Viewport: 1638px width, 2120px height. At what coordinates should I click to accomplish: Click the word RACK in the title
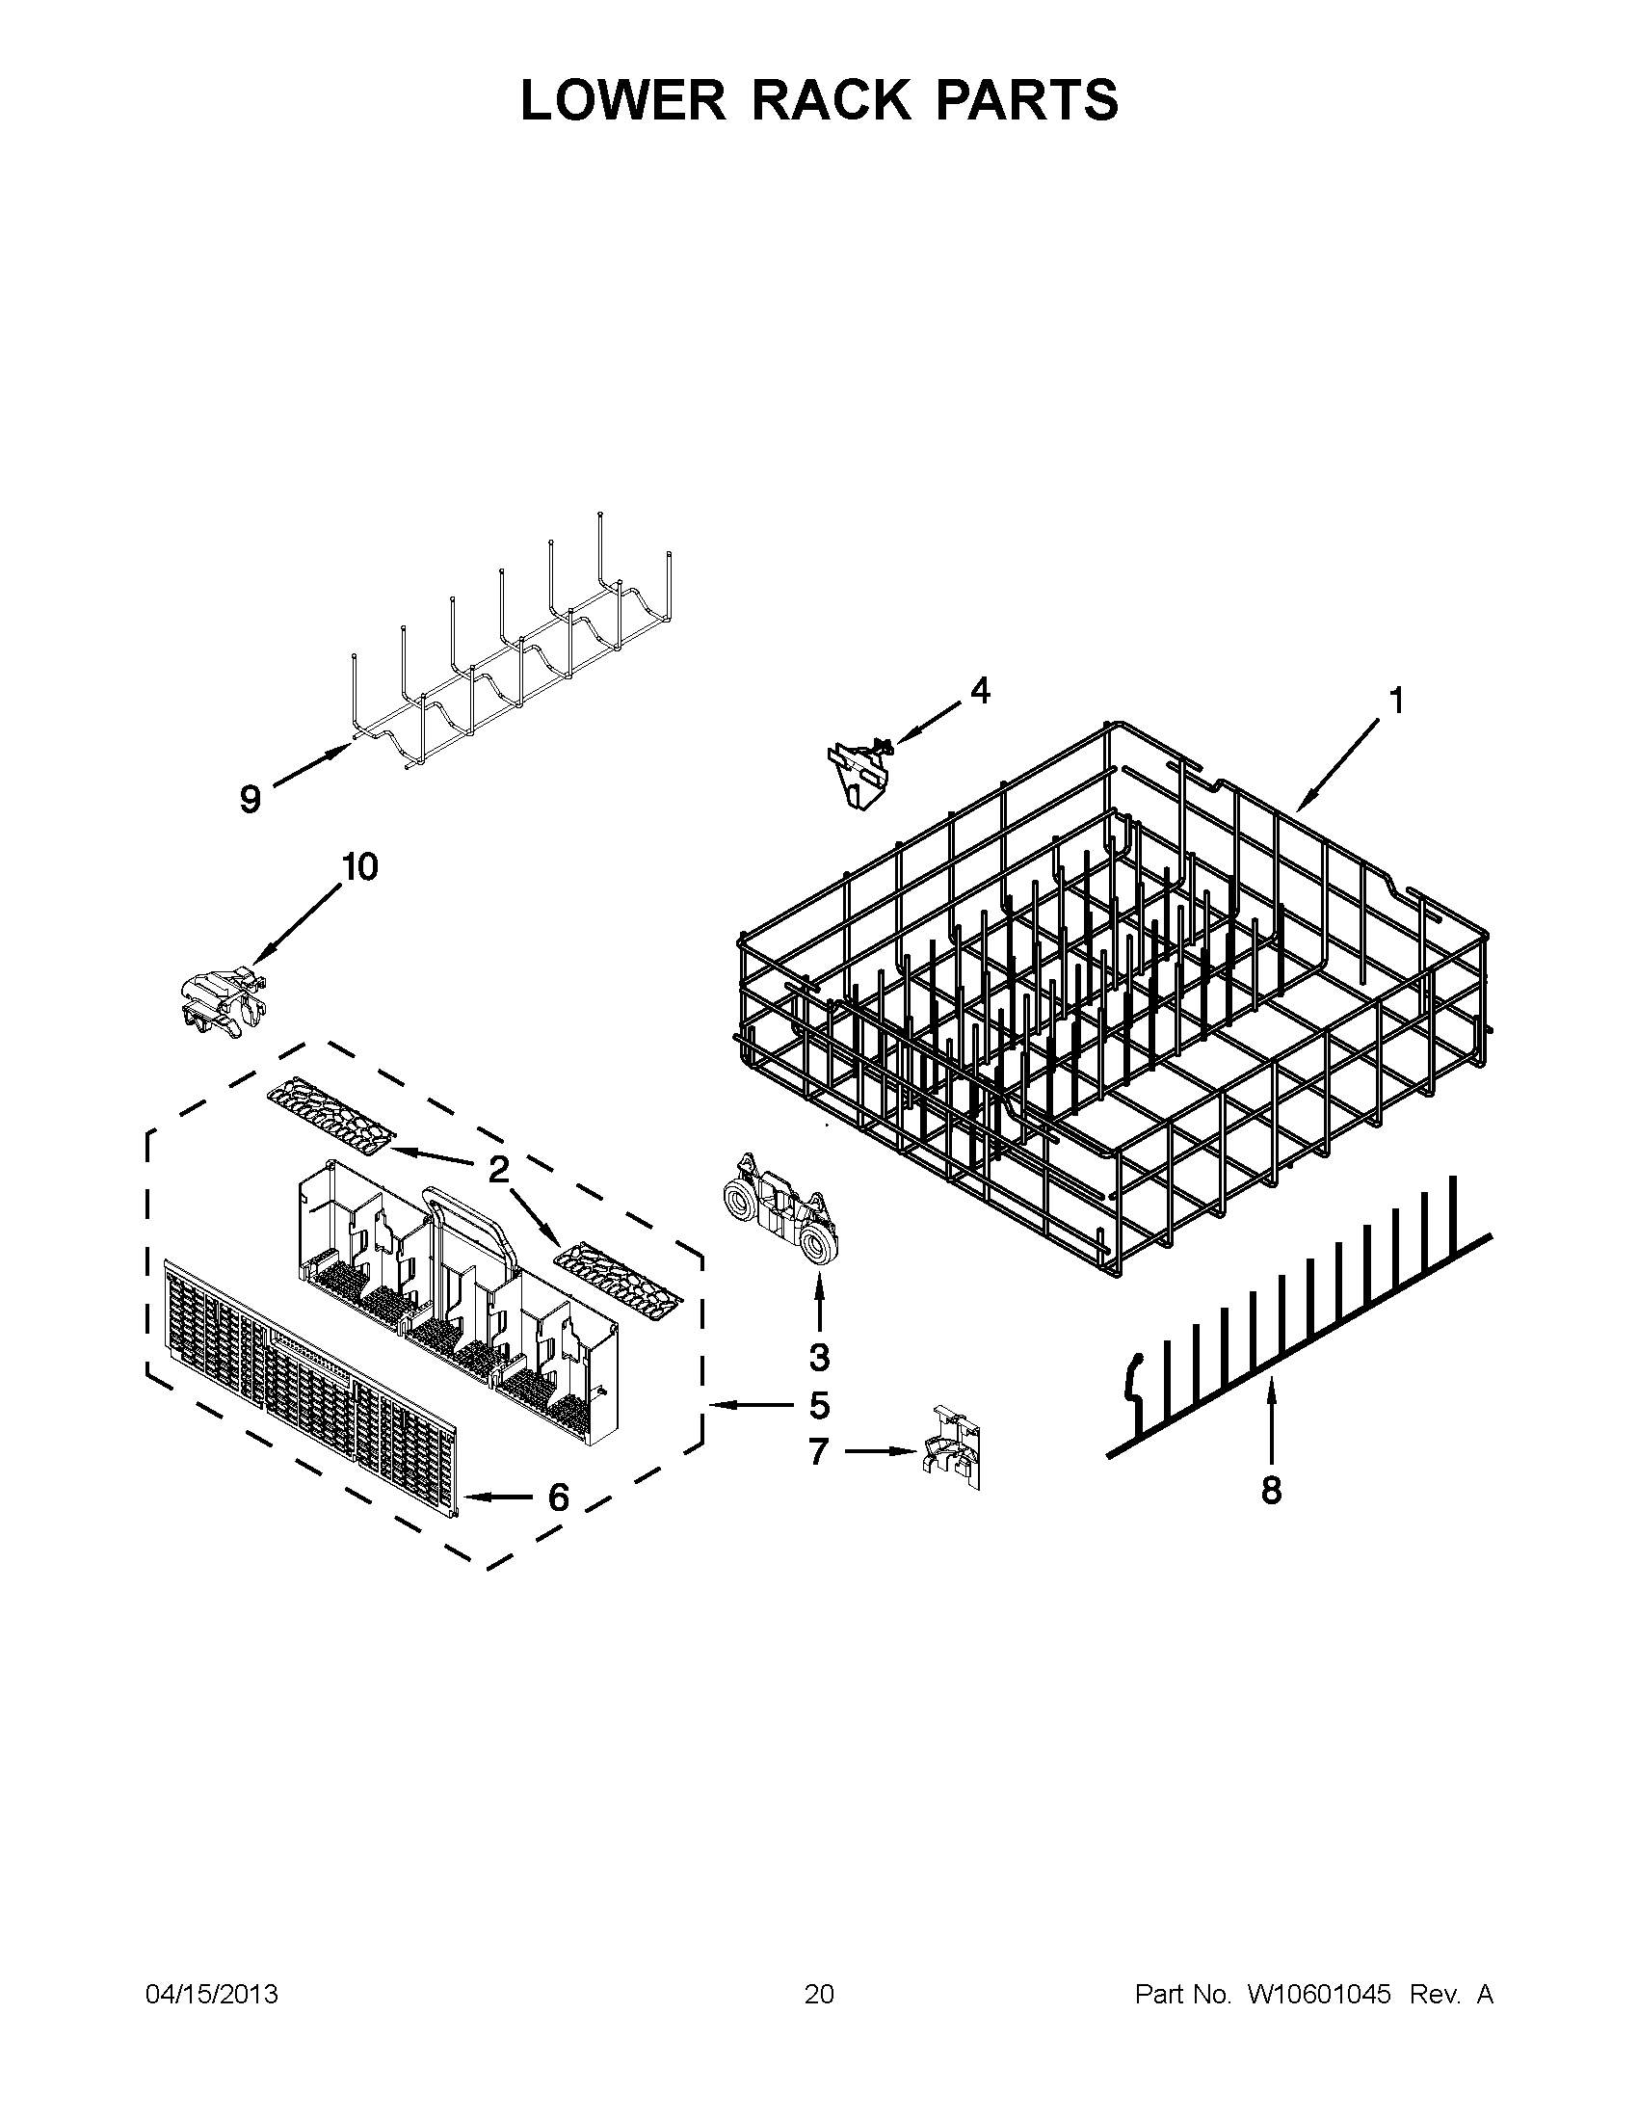pyautogui.click(x=831, y=100)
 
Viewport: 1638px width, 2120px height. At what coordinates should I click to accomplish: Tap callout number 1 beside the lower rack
pyautogui.click(x=1396, y=700)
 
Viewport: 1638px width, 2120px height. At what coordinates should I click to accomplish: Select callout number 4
pyautogui.click(x=980, y=691)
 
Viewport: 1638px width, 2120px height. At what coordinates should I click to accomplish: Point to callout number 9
pyautogui.click(x=251, y=799)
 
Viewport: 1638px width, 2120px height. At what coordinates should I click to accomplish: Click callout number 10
pyautogui.click(x=360, y=867)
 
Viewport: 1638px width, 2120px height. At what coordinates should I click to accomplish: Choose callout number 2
pyautogui.click(x=498, y=1170)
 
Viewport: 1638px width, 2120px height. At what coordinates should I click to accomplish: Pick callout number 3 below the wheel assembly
pyautogui.click(x=819, y=1357)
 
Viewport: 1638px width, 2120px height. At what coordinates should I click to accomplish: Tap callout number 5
pyautogui.click(x=819, y=1405)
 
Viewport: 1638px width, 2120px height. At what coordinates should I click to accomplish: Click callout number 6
pyautogui.click(x=558, y=1497)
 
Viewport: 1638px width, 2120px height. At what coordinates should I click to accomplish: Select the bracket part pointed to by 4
pyautogui.click(x=859, y=771)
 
